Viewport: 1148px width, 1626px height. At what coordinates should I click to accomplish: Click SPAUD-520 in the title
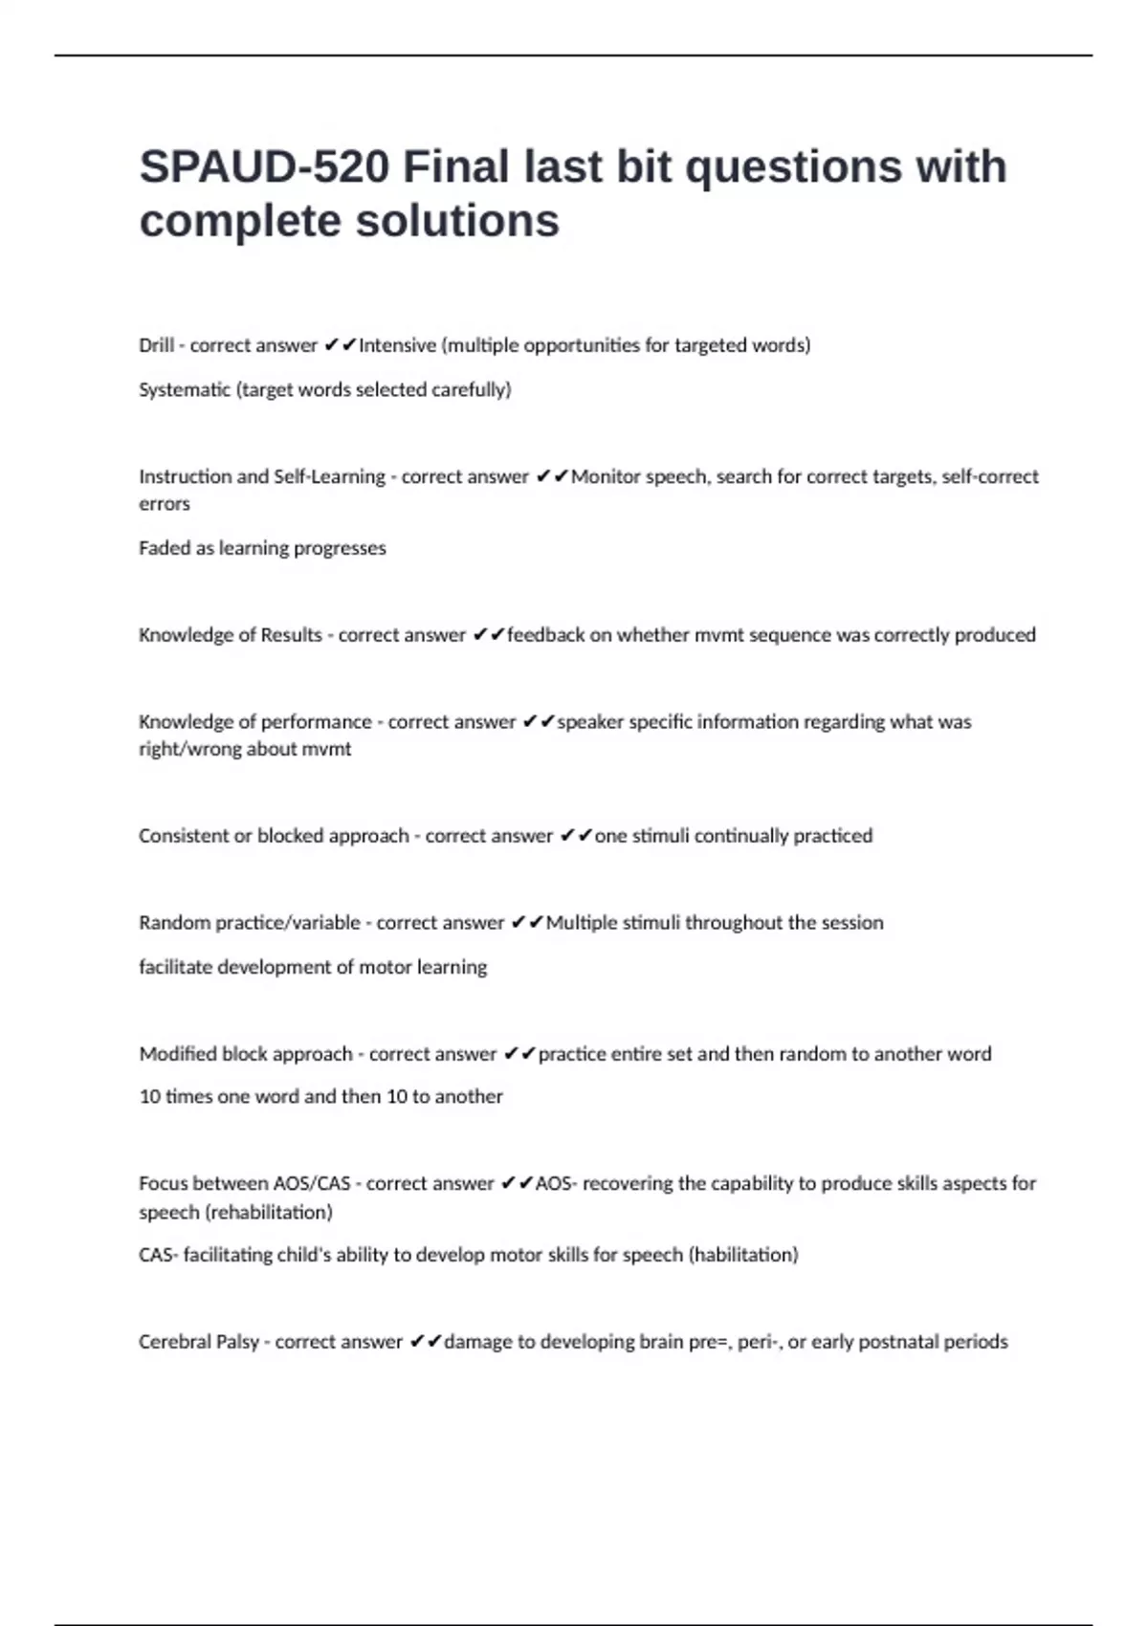tap(264, 167)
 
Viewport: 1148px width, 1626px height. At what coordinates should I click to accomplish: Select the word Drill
tap(156, 345)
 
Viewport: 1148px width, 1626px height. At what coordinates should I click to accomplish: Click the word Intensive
tap(397, 345)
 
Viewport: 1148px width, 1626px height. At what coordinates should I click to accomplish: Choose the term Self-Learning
tap(329, 476)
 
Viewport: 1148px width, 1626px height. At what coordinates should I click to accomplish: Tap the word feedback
tap(545, 635)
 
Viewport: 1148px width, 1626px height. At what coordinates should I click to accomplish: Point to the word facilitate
tap(175, 967)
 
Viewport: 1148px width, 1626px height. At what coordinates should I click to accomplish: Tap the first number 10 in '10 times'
tap(150, 1097)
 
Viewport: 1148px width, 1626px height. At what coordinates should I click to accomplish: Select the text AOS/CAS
tap(312, 1184)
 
